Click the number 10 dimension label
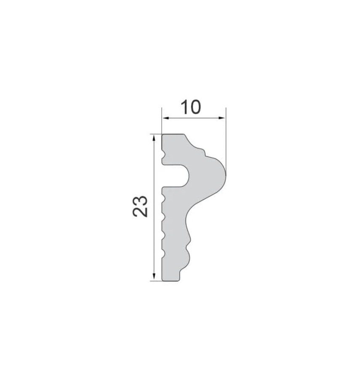point(191,107)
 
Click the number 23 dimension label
point(140,206)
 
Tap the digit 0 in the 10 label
point(195,107)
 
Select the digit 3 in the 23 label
point(140,201)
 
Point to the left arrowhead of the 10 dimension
point(165,118)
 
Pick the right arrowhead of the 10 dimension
point(222,118)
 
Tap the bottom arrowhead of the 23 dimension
point(153,276)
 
